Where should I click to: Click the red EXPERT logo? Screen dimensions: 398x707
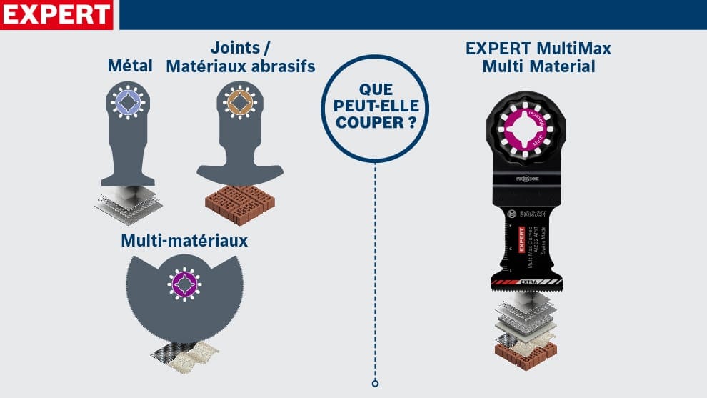pos(57,14)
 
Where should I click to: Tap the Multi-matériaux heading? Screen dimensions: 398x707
pos(184,240)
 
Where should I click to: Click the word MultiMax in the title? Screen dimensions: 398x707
pos(576,49)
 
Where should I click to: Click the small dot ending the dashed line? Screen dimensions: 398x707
pos(375,384)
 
